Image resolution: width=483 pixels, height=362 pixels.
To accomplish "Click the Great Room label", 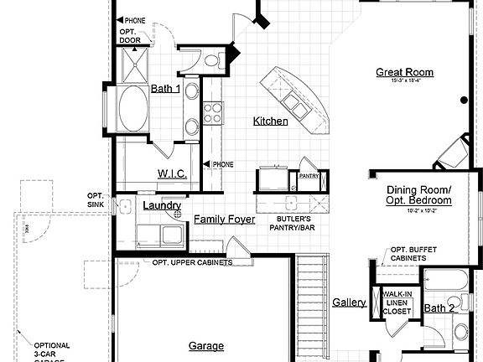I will [405, 72].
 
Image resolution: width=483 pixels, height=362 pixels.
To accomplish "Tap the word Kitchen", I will [271, 122].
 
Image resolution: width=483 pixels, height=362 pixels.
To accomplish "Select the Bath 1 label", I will [165, 89].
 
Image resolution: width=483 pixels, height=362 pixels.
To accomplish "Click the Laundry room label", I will [162, 205].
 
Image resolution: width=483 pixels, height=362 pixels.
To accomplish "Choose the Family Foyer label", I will [224, 220].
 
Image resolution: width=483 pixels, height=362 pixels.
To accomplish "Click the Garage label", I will [205, 345].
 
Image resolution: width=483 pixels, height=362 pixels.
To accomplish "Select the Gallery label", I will [349, 303].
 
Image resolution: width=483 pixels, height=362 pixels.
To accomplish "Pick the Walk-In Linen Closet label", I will [397, 303].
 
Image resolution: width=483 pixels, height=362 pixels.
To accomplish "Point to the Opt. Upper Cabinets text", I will [192, 262].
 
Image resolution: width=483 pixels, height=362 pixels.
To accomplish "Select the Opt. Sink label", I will [95, 200].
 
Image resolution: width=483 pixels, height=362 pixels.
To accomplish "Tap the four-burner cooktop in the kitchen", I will [213, 111].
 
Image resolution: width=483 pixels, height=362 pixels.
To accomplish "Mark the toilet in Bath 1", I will [211, 59].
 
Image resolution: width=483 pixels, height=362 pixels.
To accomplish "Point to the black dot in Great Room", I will [463, 101].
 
